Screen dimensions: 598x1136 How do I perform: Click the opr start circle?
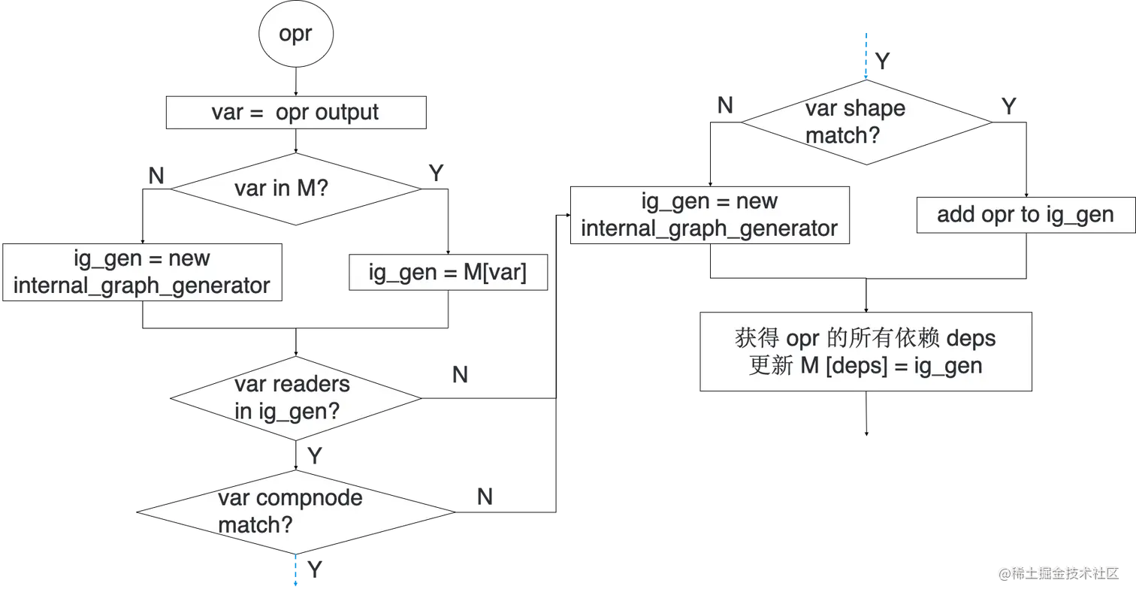295,35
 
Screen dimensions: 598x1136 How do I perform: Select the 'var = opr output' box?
295,113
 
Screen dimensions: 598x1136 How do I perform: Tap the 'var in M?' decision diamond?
295,188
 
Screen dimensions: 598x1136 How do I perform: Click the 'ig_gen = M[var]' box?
448,272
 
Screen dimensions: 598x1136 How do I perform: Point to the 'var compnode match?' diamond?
295,512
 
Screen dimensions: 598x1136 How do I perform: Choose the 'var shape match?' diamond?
866,122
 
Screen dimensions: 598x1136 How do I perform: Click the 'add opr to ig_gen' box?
1025,215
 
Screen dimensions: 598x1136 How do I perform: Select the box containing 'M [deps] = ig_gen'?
866,352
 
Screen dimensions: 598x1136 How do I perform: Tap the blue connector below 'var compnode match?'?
296,571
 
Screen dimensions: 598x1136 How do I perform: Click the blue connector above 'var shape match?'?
866,56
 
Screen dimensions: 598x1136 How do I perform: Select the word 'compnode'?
310,498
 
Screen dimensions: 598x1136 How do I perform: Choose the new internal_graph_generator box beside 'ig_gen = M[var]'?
141,272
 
